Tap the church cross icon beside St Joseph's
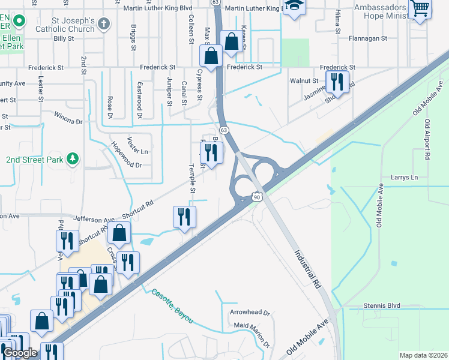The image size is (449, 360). point(104,24)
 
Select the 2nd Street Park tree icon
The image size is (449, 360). point(73,158)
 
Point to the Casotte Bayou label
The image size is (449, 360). point(172,305)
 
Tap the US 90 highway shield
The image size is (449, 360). point(257,197)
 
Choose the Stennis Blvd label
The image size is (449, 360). point(381,306)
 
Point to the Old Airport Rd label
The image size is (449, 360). point(427,139)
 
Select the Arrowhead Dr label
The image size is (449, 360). point(250,313)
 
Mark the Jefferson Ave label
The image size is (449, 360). point(94,220)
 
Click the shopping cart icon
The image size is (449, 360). point(420,8)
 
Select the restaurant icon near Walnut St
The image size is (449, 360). point(337,82)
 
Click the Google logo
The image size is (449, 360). point(20,353)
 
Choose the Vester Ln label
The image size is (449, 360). point(136,152)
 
